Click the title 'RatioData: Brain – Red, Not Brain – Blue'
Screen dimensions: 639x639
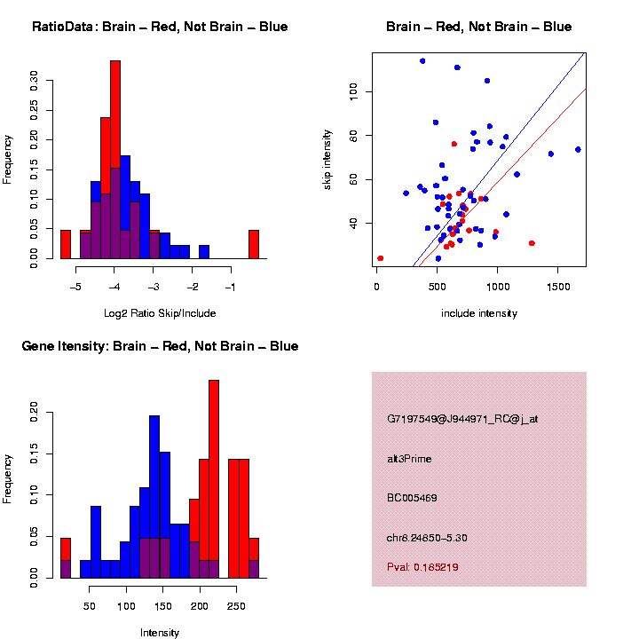click(x=160, y=27)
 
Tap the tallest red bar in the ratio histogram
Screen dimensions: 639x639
click(x=115, y=160)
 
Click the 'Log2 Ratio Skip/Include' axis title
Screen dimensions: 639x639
click(x=160, y=312)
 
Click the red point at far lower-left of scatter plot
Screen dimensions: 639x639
click(x=381, y=258)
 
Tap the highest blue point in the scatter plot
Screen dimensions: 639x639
click(x=422, y=61)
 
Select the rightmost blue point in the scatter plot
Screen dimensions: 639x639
click(x=578, y=149)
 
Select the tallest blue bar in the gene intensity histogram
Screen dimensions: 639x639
click(x=154, y=497)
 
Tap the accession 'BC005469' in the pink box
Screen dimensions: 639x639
click(x=413, y=498)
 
